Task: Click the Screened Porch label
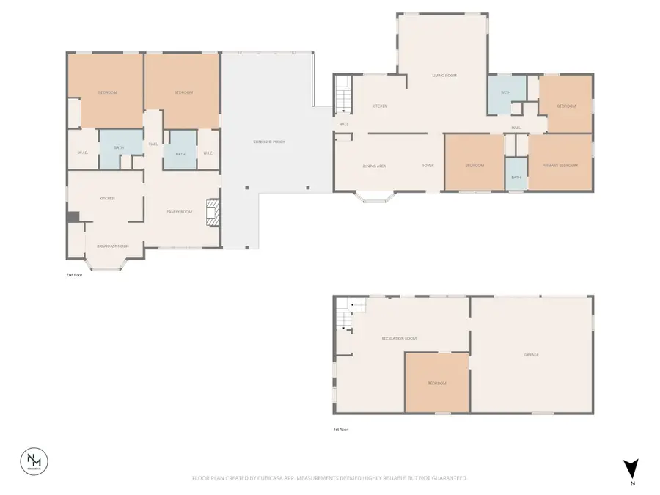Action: pyautogui.click(x=269, y=141)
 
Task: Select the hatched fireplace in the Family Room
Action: pyautogui.click(x=213, y=212)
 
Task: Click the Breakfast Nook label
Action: pyautogui.click(x=114, y=246)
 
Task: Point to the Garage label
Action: pyautogui.click(x=532, y=355)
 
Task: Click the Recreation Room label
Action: pyautogui.click(x=400, y=338)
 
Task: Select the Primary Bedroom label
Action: pyautogui.click(x=560, y=166)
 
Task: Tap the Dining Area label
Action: pyautogui.click(x=374, y=166)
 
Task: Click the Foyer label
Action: pyautogui.click(x=428, y=166)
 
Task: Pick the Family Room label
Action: pyautogui.click(x=179, y=212)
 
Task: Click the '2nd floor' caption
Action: pyautogui.click(x=74, y=275)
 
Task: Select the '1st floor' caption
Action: pyautogui.click(x=341, y=430)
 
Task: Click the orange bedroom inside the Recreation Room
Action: pyautogui.click(x=437, y=383)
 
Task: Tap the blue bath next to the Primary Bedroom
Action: pyautogui.click(x=516, y=175)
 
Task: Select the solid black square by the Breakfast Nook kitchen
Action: pyautogui.click(x=73, y=217)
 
